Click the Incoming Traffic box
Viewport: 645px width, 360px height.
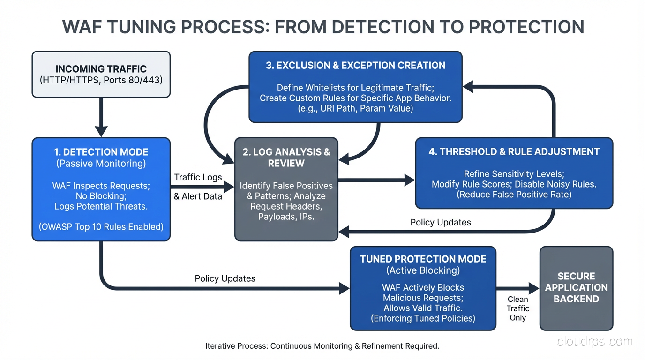point(101,75)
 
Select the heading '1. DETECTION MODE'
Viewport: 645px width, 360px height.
point(101,152)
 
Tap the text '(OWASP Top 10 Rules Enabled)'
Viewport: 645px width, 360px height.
point(101,226)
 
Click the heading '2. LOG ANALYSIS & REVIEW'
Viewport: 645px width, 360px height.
point(286,157)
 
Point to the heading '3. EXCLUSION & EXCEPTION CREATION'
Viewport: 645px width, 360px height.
point(355,66)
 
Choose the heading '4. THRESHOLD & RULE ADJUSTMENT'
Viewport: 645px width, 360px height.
point(514,151)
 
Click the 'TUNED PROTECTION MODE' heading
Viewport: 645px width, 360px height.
point(423,259)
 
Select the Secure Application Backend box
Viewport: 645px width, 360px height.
point(576,288)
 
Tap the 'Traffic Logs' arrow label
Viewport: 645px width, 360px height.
point(198,177)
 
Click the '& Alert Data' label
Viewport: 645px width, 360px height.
point(198,196)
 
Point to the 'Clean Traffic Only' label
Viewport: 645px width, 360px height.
point(517,308)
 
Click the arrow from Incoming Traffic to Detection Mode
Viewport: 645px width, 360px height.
point(101,117)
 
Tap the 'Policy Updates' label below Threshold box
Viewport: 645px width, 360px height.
point(441,222)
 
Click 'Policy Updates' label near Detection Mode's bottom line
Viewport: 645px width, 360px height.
point(225,278)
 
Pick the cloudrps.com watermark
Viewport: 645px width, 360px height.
point(594,341)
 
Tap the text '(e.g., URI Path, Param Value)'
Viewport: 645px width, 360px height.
point(355,109)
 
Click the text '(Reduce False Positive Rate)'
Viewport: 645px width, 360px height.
point(514,194)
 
